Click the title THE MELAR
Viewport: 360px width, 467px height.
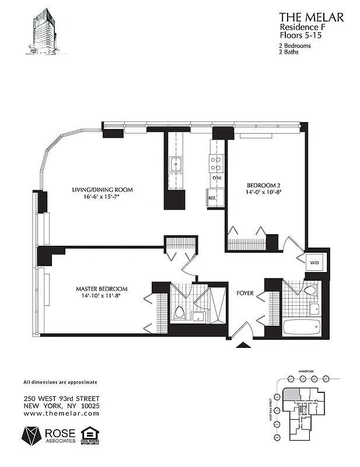coord(311,18)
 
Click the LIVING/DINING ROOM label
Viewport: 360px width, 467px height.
coord(102,190)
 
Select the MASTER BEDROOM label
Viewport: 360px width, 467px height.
coord(102,289)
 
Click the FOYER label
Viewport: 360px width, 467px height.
coord(244,293)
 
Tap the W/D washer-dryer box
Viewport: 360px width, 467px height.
coord(314,263)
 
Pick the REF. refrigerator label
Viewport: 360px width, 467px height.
coord(212,198)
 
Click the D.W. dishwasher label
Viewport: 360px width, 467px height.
coord(216,177)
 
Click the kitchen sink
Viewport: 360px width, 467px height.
coord(176,163)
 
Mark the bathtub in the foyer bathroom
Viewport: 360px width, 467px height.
coord(301,326)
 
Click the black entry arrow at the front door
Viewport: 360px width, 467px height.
coord(242,344)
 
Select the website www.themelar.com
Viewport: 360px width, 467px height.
coord(61,413)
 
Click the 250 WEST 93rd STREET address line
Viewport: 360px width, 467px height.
coord(61,399)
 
